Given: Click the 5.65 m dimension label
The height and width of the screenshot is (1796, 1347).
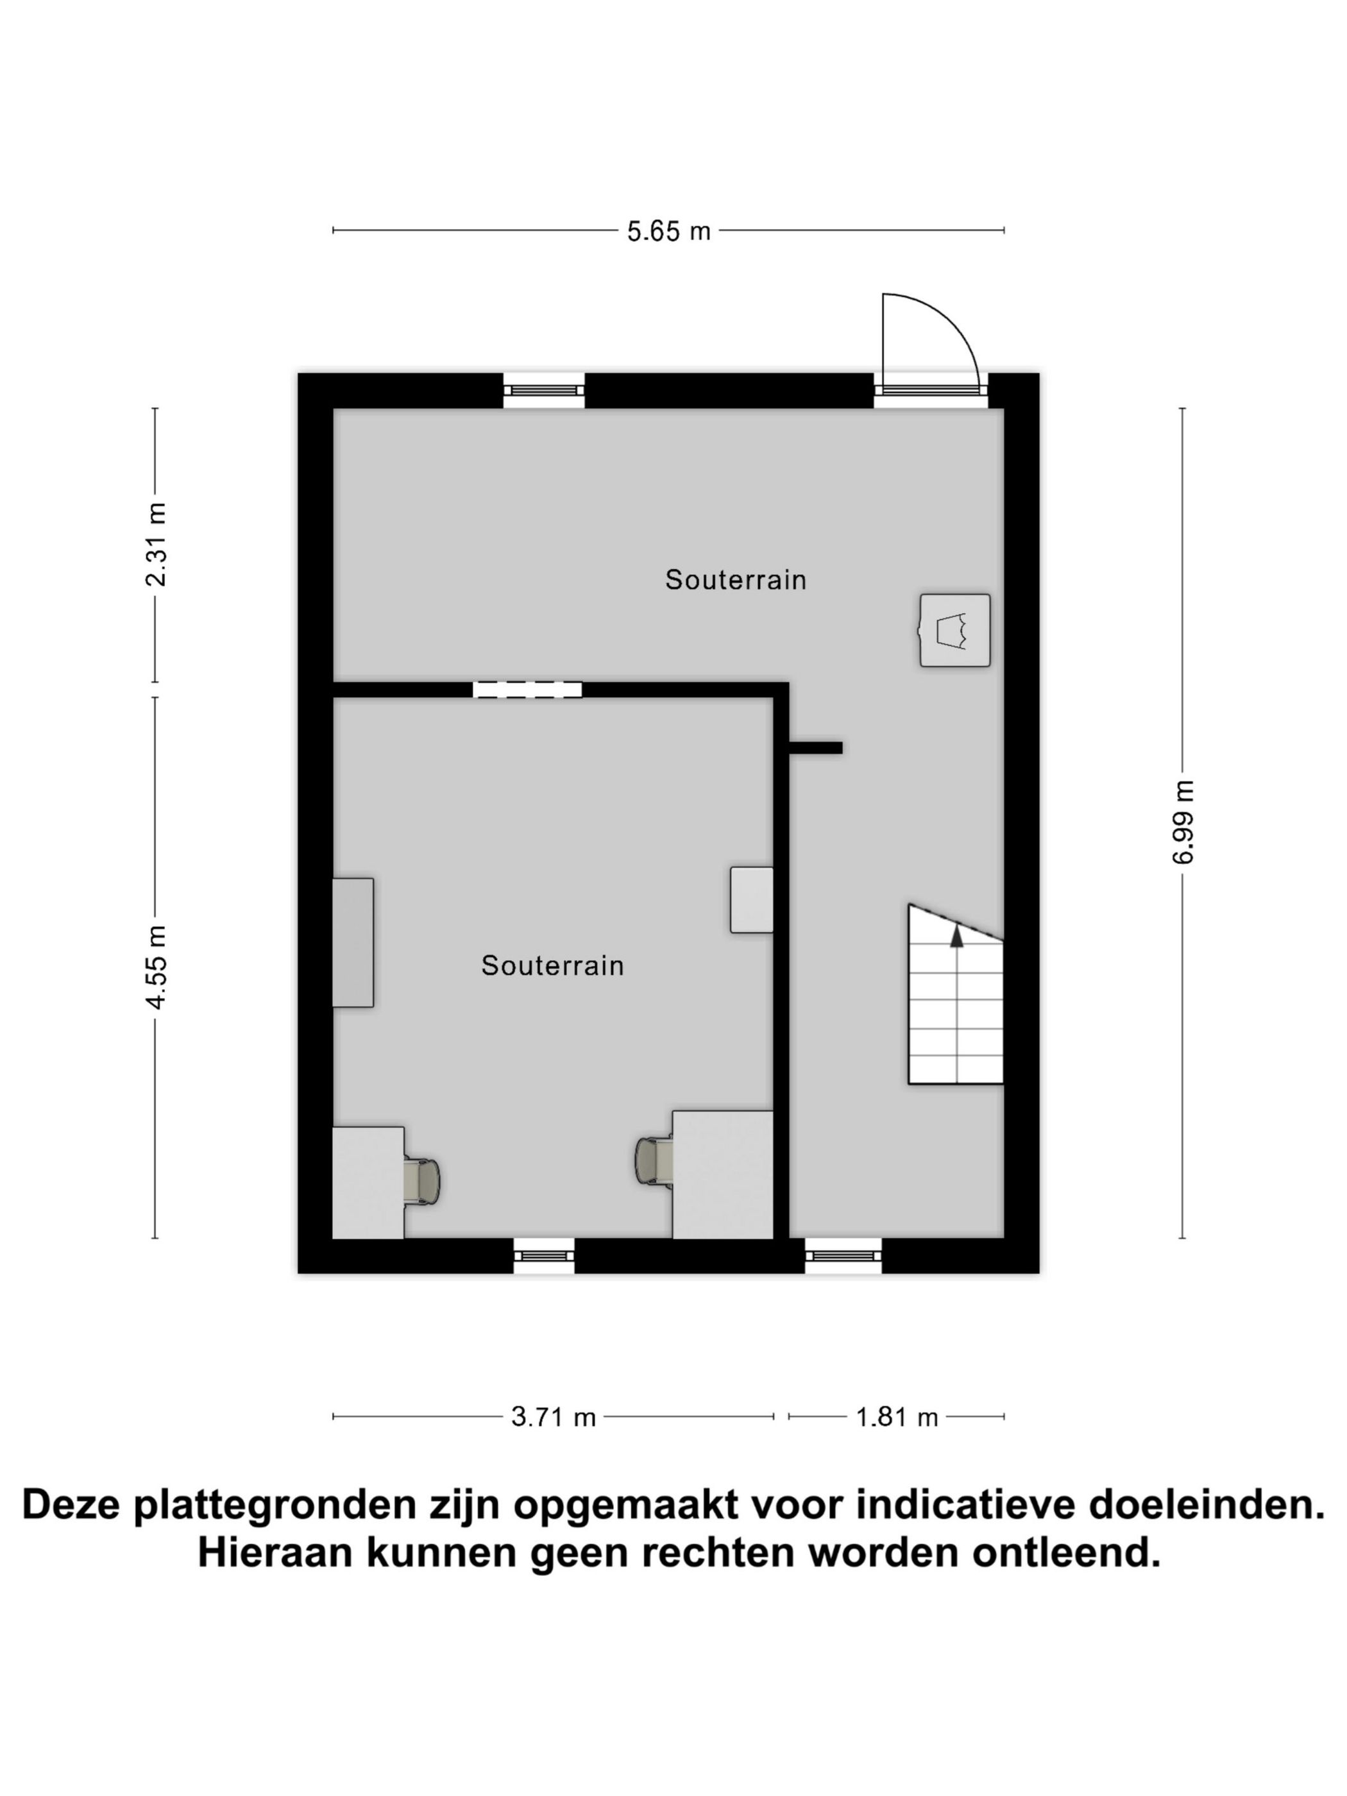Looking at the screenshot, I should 668,232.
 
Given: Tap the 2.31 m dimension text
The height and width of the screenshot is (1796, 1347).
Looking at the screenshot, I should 155,544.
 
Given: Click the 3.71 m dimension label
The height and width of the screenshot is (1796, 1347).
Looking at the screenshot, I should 553,1417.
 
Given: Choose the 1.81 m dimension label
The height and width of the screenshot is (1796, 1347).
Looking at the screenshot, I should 896,1417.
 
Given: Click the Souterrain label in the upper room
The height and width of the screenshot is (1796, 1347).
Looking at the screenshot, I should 735,580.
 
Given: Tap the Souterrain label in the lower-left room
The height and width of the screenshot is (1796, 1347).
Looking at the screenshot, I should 552,965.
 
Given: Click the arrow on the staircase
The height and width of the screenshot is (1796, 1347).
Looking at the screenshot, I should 956,937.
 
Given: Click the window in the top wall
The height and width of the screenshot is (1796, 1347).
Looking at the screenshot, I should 543,390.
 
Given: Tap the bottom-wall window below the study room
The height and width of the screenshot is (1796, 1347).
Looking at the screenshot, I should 543,1255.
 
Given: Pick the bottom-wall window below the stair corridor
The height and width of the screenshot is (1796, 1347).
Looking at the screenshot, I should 843,1255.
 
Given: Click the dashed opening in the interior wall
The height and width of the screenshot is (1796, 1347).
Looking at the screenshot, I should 527,690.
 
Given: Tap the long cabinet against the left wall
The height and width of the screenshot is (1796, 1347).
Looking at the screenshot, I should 352,942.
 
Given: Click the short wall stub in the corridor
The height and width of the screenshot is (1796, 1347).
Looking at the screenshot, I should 815,747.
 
